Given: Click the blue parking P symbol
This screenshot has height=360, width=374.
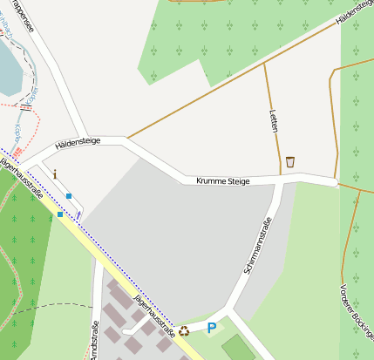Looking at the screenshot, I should [211, 328].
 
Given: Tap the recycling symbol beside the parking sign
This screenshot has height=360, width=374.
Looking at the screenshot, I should [184, 330].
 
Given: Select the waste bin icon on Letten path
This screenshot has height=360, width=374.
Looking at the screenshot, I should [289, 161].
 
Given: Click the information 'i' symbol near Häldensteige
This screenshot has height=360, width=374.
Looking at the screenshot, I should [56, 173].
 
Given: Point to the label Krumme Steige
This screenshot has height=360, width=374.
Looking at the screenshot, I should [223, 180].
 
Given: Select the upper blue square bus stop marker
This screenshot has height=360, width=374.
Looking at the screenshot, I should [69, 196].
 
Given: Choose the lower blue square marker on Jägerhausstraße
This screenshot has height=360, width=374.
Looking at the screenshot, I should [59, 214].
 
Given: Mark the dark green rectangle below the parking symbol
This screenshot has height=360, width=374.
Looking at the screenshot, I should [237, 348].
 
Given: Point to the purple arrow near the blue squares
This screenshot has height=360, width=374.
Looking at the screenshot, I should [78, 212].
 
